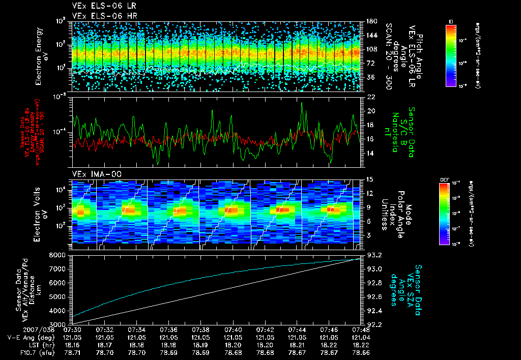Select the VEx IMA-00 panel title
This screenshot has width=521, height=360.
coord(93,174)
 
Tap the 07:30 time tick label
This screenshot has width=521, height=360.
coord(72,329)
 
